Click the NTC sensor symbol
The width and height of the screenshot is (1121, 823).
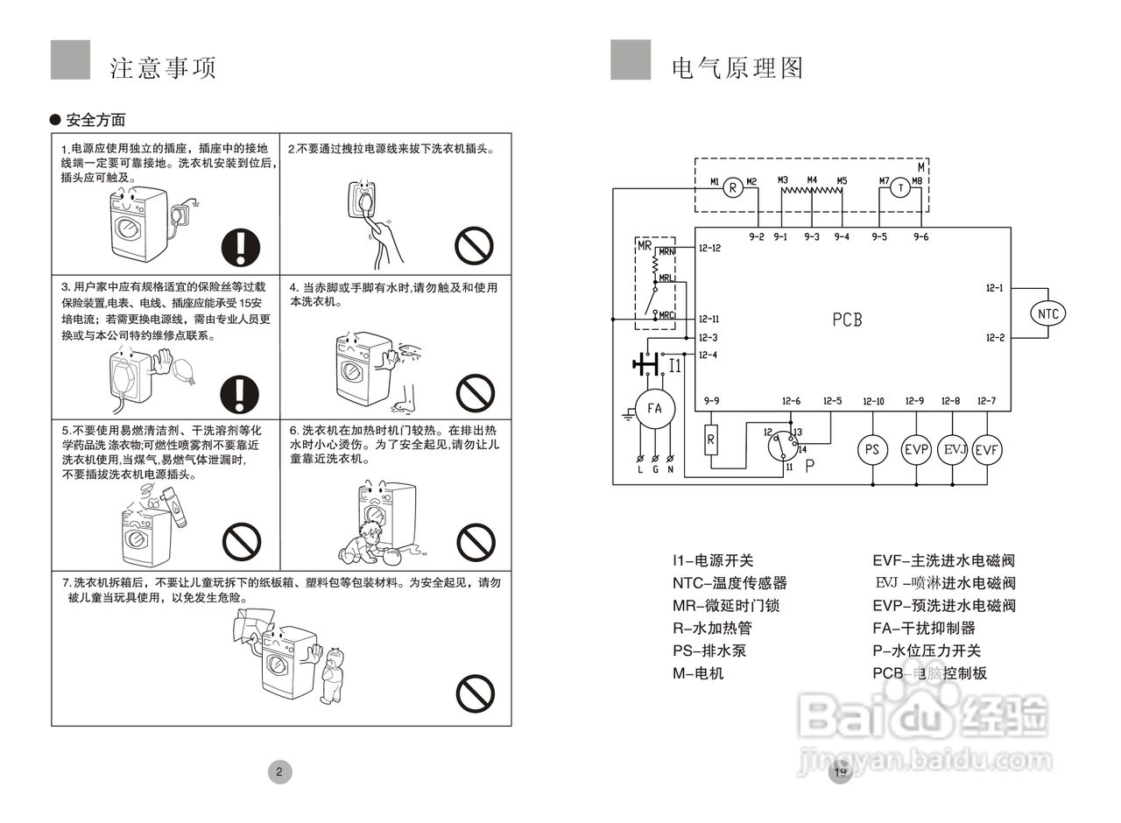point(1047,313)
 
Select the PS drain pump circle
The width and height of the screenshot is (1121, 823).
point(872,449)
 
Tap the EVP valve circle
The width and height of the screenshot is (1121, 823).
point(916,449)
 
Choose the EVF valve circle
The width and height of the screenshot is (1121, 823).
point(987,449)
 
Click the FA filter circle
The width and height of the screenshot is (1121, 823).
point(654,408)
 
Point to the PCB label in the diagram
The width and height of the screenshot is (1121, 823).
point(847,320)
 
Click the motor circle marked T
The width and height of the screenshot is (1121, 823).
point(899,187)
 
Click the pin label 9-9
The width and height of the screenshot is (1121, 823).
point(711,402)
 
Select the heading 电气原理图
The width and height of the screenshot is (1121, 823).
point(737,68)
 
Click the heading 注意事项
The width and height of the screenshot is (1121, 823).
point(163,68)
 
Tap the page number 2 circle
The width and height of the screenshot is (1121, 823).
point(278,771)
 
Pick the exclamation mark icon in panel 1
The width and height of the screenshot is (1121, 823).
point(241,246)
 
